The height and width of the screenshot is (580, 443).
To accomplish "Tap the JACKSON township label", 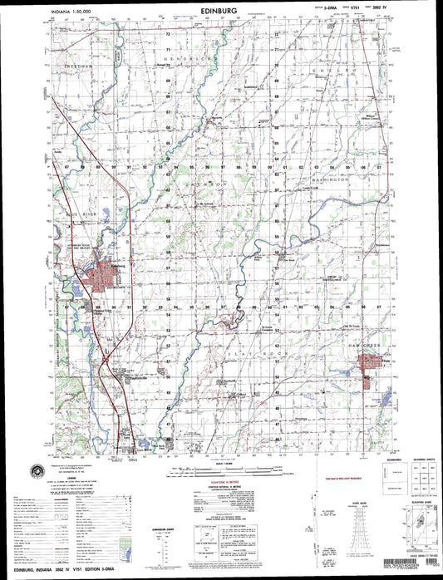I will point(206,180).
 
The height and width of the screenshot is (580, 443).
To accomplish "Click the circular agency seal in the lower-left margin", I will point(34,470).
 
